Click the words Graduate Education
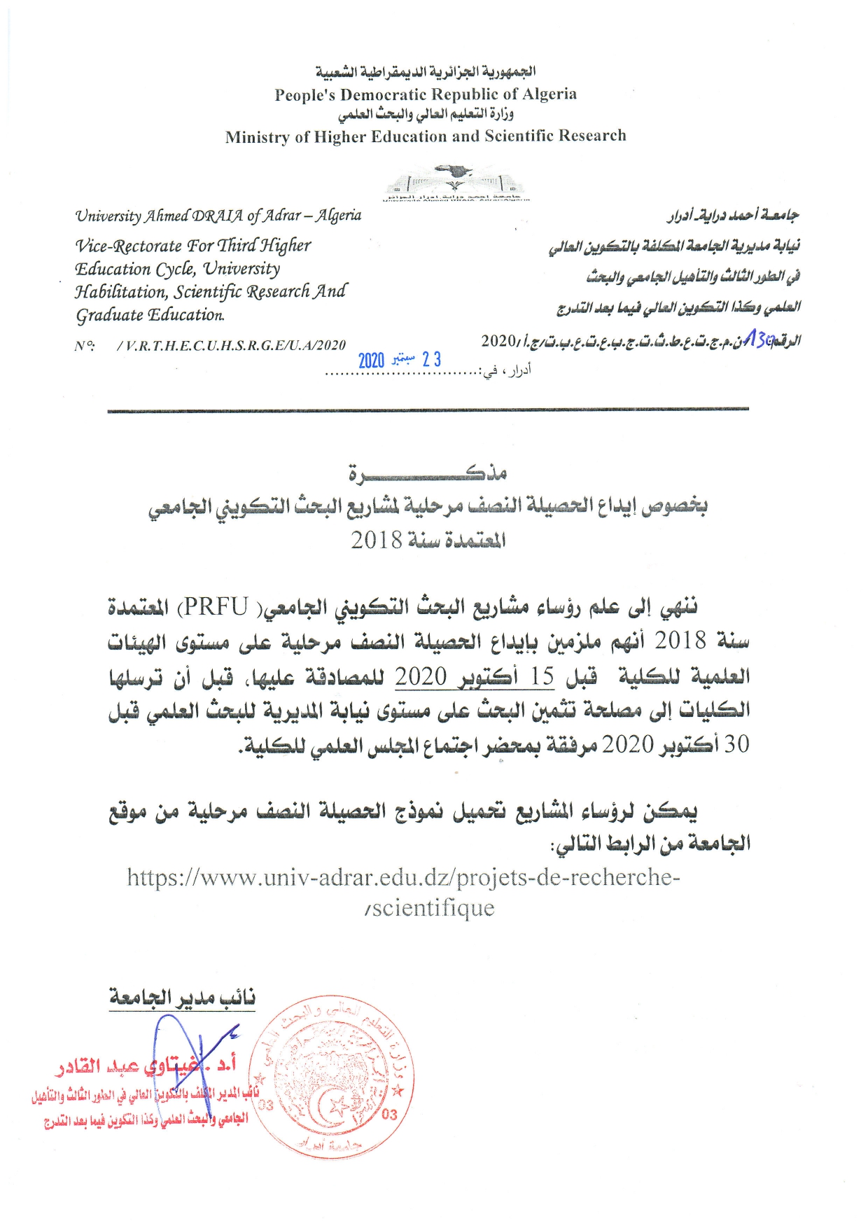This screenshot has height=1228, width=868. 150,315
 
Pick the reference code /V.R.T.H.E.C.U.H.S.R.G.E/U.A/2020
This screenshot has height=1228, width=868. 231,345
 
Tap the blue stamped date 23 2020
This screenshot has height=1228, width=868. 400,360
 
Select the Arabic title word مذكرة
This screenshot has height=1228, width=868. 428,473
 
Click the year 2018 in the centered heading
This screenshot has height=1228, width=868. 377,540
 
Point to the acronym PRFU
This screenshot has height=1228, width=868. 216,606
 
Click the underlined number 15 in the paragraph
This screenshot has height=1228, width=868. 542,676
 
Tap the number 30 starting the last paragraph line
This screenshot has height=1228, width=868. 736,744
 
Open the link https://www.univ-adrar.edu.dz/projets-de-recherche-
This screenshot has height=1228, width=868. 403,877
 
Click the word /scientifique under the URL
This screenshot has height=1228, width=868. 430,908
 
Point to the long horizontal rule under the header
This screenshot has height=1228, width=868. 428,410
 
